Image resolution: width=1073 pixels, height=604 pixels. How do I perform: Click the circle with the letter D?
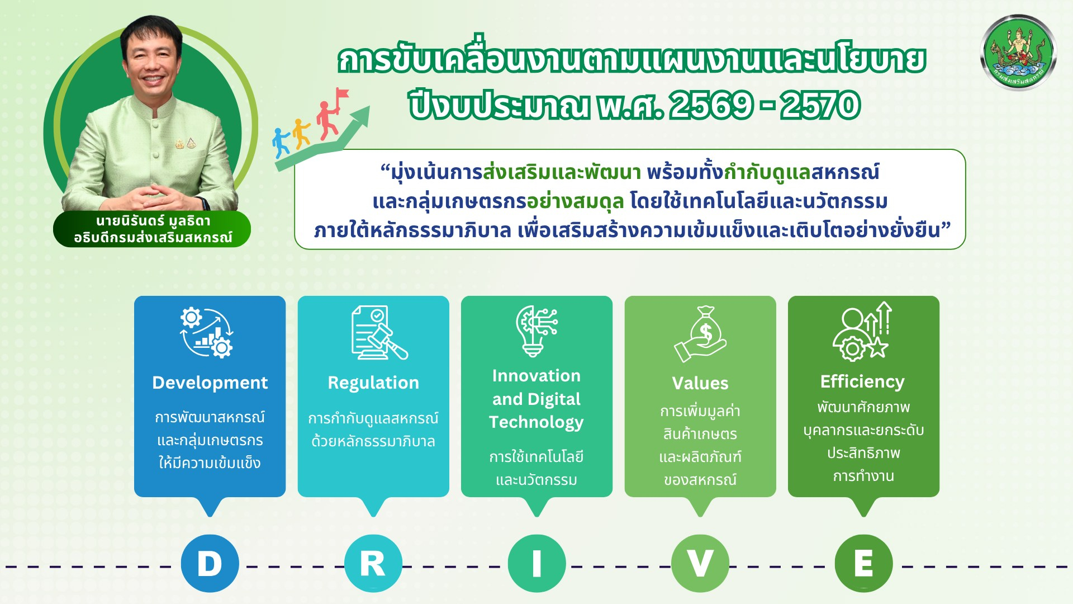[210, 563]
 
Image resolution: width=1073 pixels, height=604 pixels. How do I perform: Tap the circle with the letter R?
[373, 563]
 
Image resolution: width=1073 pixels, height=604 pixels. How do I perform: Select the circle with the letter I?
[536, 563]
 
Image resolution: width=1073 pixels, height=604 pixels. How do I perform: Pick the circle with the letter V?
[700, 563]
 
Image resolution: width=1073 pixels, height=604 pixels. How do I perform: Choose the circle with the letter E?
[863, 563]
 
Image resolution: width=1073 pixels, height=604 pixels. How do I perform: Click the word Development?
[210, 383]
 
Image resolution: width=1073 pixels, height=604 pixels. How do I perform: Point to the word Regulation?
[373, 383]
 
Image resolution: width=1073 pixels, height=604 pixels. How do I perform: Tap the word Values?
[700, 383]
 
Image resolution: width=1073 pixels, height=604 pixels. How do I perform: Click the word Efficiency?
[862, 381]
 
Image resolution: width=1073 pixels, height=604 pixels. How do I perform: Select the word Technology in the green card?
[536, 422]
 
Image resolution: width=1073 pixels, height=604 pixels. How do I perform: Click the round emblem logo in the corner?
[1018, 54]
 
